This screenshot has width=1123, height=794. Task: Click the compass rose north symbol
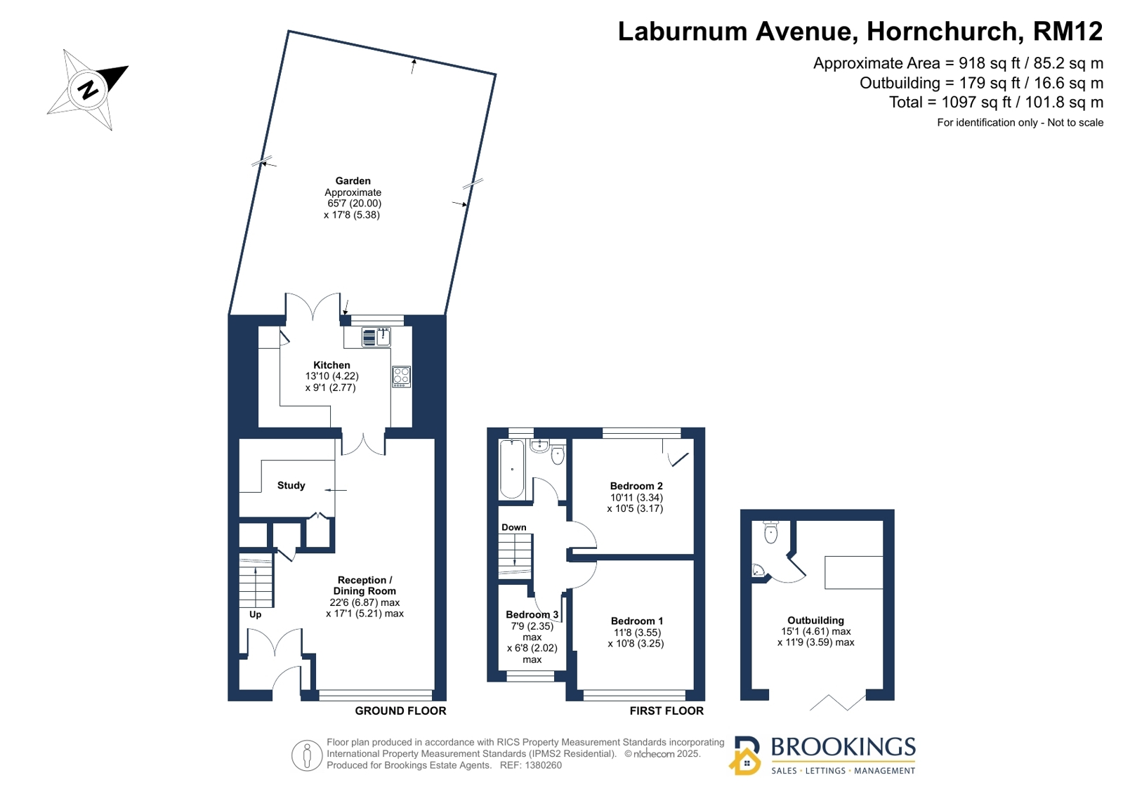pyautogui.click(x=88, y=91)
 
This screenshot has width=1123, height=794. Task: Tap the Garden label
pyautogui.click(x=353, y=181)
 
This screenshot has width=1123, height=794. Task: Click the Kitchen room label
pyautogui.click(x=331, y=365)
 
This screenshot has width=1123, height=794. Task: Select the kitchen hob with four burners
pyautogui.click(x=401, y=376)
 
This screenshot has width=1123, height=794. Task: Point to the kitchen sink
pyautogui.click(x=376, y=338)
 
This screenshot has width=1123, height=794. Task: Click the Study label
pyautogui.click(x=291, y=485)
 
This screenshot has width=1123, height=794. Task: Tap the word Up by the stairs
pyautogui.click(x=255, y=614)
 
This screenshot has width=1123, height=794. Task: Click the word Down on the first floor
pyautogui.click(x=514, y=527)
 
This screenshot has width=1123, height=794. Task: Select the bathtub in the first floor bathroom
pyautogui.click(x=512, y=469)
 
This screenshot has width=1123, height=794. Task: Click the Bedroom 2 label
pyautogui.click(x=636, y=486)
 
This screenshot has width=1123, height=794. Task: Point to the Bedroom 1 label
pyautogui.click(x=637, y=621)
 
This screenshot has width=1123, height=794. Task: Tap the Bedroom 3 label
pyautogui.click(x=532, y=614)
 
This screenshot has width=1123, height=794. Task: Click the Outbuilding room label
pyautogui.click(x=815, y=621)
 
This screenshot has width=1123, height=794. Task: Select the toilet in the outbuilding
pyautogui.click(x=770, y=532)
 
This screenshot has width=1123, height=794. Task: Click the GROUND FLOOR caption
pyautogui.click(x=400, y=710)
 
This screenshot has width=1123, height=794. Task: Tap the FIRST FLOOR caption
pyautogui.click(x=666, y=710)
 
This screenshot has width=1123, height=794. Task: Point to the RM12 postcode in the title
pyautogui.click(x=1068, y=31)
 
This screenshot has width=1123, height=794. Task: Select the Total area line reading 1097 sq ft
pyautogui.click(x=996, y=102)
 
